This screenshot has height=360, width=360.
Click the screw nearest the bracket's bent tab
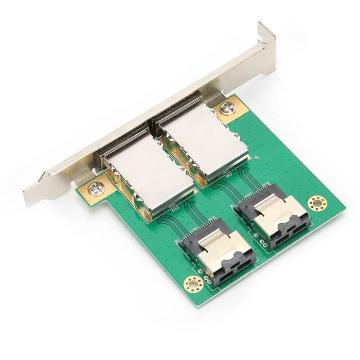(x=226, y=109)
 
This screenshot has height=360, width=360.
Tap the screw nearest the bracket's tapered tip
(x=96, y=188)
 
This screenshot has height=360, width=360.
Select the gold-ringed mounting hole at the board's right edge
(x=316, y=204)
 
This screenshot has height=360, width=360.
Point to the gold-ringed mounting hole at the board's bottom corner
(x=193, y=282)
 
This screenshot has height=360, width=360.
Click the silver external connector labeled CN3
(x=148, y=177)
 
